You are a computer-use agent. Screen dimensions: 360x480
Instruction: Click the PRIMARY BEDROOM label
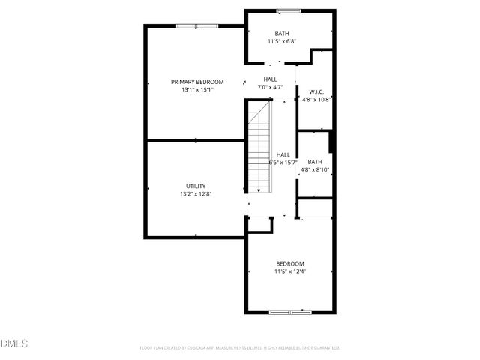(197, 82)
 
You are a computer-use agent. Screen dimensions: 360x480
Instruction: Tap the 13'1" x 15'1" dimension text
(197, 90)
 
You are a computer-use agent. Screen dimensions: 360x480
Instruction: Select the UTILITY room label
(196, 186)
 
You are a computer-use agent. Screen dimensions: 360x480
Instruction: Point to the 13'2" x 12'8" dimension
(196, 194)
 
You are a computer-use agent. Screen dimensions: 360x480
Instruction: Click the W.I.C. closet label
(316, 92)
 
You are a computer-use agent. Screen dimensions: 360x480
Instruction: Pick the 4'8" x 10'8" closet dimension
(316, 100)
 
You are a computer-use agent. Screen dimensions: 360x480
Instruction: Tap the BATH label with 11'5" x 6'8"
(282, 34)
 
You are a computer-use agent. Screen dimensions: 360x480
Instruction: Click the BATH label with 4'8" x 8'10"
(315, 162)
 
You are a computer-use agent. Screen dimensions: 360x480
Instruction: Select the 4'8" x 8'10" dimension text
(315, 170)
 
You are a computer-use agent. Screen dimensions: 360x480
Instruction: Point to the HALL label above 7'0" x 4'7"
(270, 79)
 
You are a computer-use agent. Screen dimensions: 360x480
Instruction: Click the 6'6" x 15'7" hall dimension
(283, 163)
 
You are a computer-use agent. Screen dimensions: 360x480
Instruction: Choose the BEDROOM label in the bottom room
(290, 263)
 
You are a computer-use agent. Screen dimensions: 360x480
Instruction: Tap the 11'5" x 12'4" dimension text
(290, 271)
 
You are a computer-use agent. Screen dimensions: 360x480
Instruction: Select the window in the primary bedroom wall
(196, 26)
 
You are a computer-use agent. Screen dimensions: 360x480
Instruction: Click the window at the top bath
(288, 10)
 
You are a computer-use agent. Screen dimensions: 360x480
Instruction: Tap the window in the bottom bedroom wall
(290, 311)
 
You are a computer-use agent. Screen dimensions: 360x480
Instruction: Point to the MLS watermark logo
(13, 343)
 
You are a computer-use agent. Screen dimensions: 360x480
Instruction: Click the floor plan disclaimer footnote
(240, 347)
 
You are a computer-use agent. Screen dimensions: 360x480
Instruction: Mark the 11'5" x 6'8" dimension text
(282, 42)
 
